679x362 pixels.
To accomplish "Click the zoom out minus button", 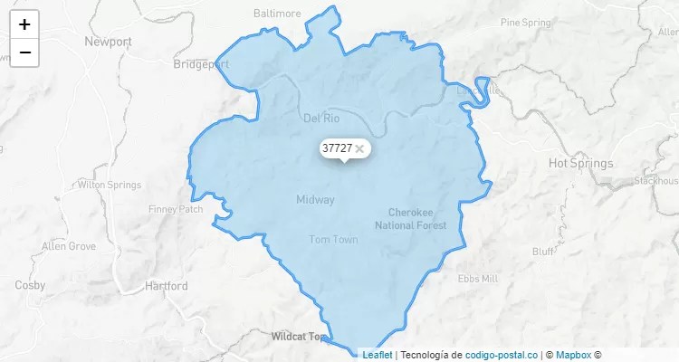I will pyautogui.click(x=24, y=52).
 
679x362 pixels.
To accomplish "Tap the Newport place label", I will pyautogui.click(x=108, y=42).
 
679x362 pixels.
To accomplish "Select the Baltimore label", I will pyautogui.click(x=277, y=14).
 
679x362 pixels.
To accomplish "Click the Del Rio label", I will pyautogui.click(x=320, y=118).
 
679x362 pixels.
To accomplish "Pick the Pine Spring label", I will pyautogui.click(x=525, y=21).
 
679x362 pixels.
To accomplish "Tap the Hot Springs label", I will pyautogui.click(x=580, y=164).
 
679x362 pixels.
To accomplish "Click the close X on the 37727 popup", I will pyautogui.click(x=359, y=148).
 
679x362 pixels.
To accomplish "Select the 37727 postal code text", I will pyautogui.click(x=337, y=148).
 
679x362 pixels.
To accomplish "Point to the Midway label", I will pyautogui.click(x=315, y=199).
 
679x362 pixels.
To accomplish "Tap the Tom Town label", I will pyautogui.click(x=333, y=240).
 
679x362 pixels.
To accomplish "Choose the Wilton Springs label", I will pyautogui.click(x=110, y=185).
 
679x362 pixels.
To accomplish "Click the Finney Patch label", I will pyautogui.click(x=176, y=209).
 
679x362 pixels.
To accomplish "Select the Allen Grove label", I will pyautogui.click(x=69, y=246).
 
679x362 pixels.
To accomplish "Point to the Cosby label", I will pyautogui.click(x=30, y=285).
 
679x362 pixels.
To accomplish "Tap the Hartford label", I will pyautogui.click(x=167, y=286).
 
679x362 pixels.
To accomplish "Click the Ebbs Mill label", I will pyautogui.click(x=477, y=279).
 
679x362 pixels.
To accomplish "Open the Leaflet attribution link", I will pyautogui.click(x=378, y=355).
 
